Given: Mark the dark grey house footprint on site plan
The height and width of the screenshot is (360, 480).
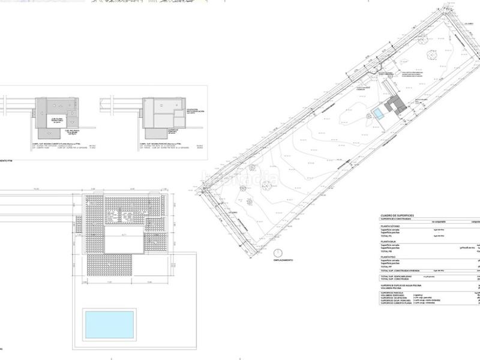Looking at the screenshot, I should pos(397,105).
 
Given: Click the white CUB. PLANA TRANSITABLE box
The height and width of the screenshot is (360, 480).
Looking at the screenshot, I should pos(59,120).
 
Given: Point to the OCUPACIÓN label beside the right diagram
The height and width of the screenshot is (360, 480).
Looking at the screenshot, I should pos(194,110).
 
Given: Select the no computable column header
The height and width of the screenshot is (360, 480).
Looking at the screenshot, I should pos(437,221).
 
